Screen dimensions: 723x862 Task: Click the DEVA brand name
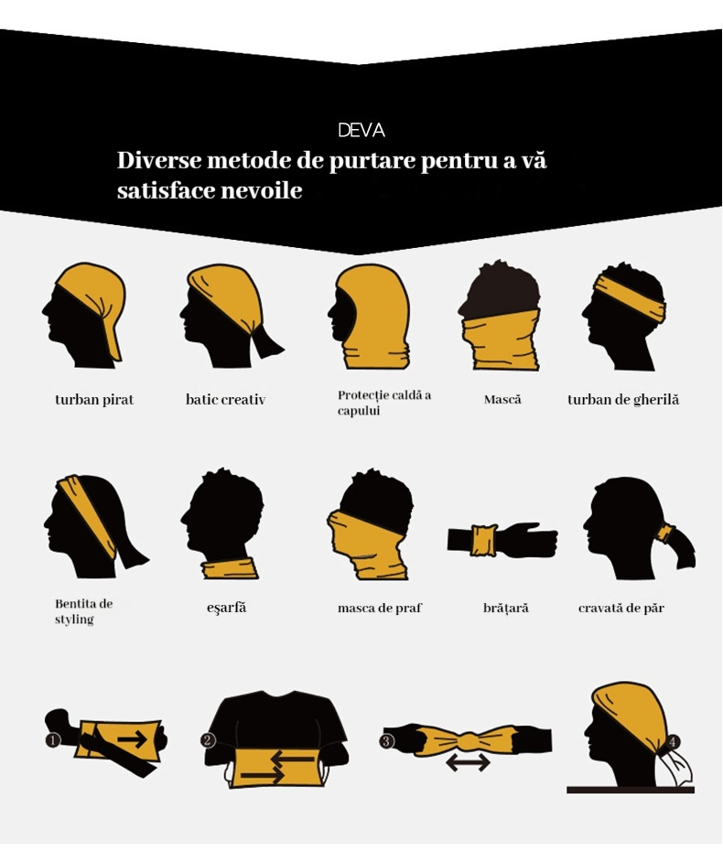[361, 130]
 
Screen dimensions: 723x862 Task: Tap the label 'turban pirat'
[94, 400]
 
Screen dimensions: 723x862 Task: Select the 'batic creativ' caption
[225, 400]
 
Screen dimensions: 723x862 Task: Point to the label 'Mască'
[502, 400]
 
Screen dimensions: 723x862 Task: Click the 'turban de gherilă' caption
[623, 400]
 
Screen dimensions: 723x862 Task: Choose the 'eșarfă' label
[226, 608]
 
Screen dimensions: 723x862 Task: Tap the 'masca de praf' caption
[380, 608]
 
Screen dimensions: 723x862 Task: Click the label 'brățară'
[506, 608]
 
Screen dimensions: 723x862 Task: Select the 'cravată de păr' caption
[621, 608]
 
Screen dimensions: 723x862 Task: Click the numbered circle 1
[53, 740]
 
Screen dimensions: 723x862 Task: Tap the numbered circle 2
[208, 740]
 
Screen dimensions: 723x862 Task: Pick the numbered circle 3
[386, 740]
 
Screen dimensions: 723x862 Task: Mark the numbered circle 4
[673, 741]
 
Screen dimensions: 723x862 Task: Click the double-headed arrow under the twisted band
[468, 762]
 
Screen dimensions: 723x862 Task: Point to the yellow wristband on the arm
[483, 541]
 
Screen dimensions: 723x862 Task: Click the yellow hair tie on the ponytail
[666, 533]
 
